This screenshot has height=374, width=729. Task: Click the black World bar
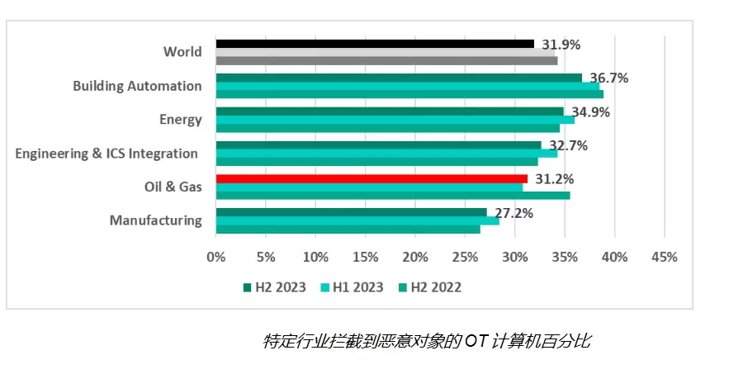[375, 44]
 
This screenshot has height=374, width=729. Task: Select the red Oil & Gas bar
[372, 179]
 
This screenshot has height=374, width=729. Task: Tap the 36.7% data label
[608, 78]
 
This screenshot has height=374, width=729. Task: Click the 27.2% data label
[513, 213]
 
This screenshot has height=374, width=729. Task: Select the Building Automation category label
[137, 86]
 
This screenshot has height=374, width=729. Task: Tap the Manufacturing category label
[155, 220]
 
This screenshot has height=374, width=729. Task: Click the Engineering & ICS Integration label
[107, 154]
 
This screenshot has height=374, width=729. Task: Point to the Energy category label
[180, 120]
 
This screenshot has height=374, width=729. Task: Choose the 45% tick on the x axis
[664, 257]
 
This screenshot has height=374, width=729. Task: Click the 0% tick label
[215, 257]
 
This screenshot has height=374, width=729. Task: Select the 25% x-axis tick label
[465, 257]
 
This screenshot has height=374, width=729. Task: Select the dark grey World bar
[386, 60]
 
